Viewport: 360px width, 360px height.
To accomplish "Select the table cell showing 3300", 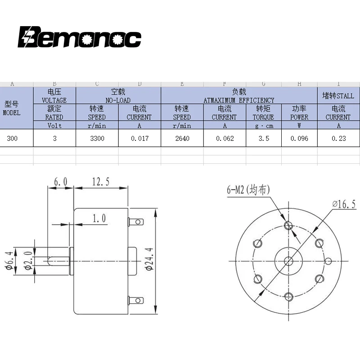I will pos(97,139).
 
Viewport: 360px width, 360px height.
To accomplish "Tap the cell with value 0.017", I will pos(139,139).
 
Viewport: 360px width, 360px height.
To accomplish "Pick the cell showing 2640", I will pos(182,139).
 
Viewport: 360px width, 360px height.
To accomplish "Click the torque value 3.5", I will pos(264,139).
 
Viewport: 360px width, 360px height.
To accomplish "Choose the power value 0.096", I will pos(299,139).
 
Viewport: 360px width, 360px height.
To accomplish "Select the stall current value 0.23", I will pos(338,139).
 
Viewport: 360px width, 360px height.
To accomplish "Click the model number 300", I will pos(12,139).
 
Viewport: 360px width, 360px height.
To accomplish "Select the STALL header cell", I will pos(338,96).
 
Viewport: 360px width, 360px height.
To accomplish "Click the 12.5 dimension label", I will pos(101,181).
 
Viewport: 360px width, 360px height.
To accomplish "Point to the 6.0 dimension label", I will pos(60,181).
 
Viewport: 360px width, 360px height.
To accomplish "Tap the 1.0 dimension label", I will pos(99,218).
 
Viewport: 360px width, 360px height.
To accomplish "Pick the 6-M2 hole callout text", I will pos(248,190).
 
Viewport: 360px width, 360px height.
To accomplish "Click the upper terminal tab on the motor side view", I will pos(136,222).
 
